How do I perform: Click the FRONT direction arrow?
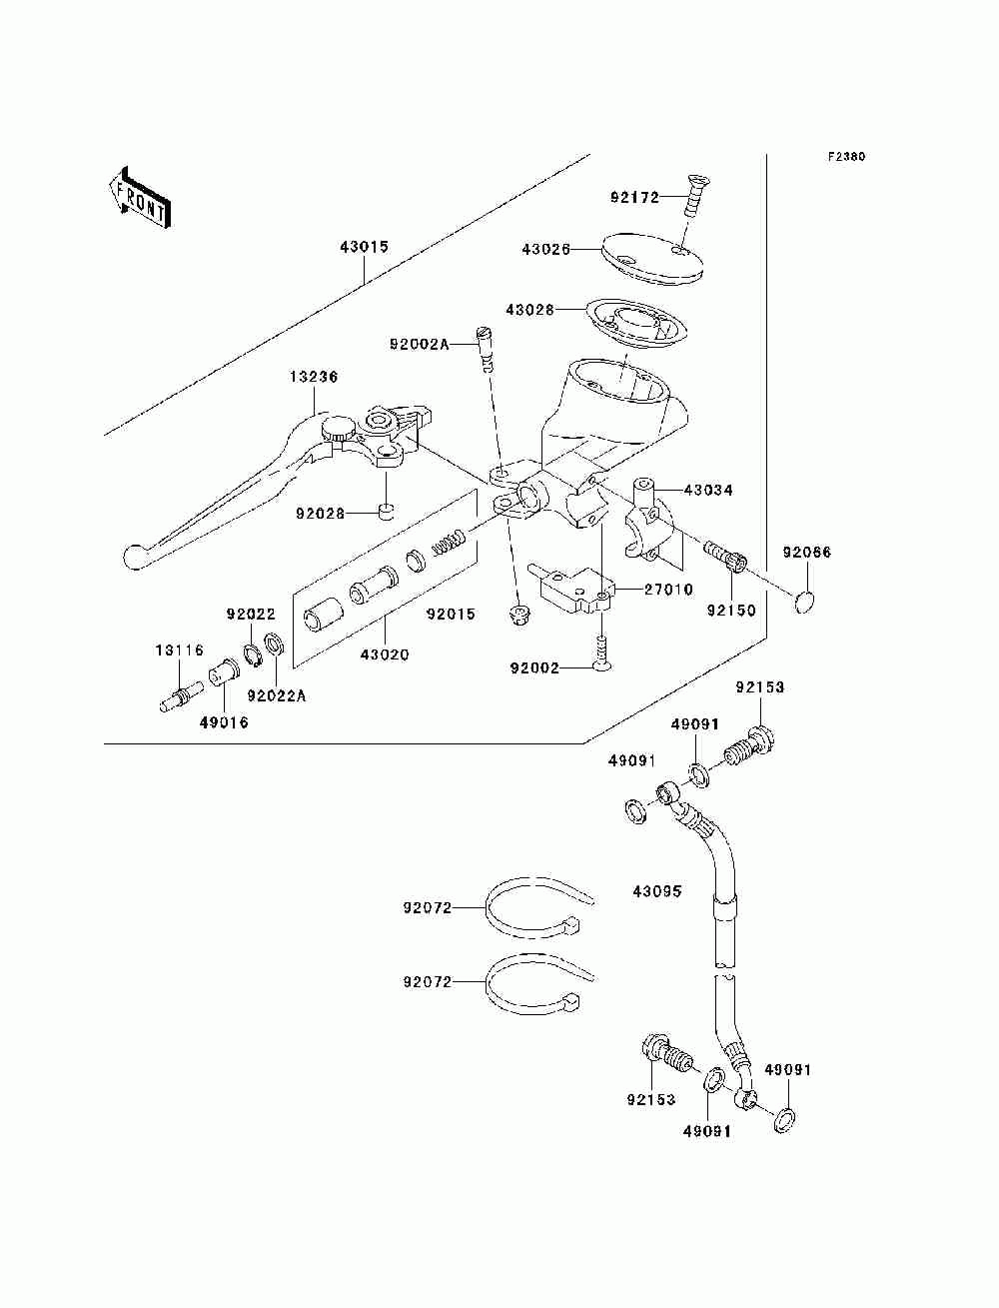point(141,198)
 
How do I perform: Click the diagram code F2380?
point(846,157)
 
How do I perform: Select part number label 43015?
point(364,247)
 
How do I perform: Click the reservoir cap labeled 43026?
point(651,259)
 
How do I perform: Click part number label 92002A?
point(419,345)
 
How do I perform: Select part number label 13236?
point(314,377)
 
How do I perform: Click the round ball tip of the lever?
point(135,558)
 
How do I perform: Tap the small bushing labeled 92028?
point(386,511)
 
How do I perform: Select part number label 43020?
point(385,654)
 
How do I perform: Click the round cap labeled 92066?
point(804,602)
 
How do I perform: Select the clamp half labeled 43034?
point(649,520)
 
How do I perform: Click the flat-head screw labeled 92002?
point(602,652)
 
